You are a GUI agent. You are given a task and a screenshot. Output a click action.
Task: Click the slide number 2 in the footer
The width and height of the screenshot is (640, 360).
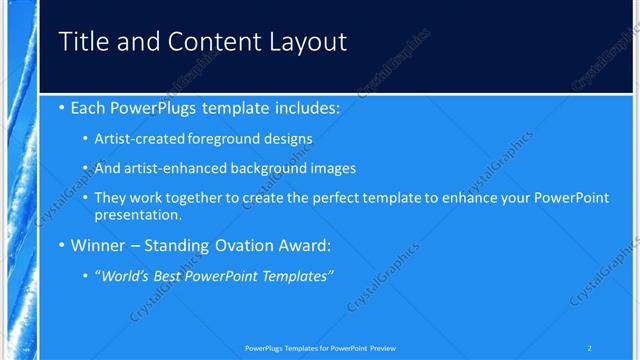(589, 348)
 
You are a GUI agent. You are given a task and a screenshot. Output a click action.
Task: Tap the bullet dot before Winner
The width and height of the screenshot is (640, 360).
(62, 245)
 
